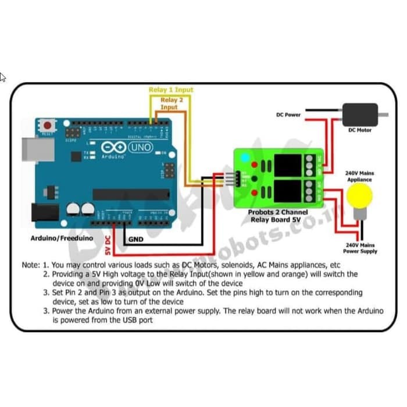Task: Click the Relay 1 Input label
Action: click(x=171, y=90)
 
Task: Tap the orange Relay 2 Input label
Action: click(x=169, y=103)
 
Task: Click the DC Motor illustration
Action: click(x=360, y=115)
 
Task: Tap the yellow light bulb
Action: click(x=360, y=198)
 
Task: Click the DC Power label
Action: click(x=288, y=115)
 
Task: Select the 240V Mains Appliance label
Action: click(x=359, y=176)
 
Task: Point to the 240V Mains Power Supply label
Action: click(x=360, y=248)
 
